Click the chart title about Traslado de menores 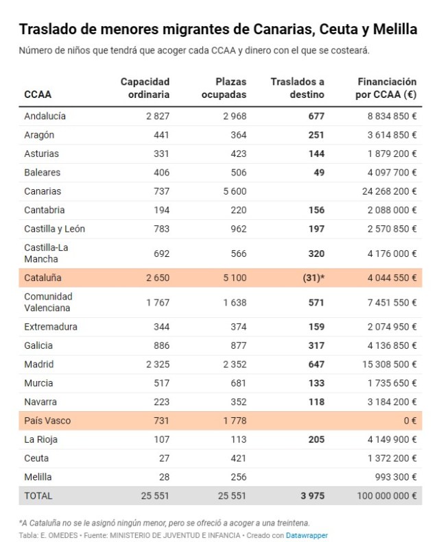tap(217, 29)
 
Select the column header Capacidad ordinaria tap(145, 88)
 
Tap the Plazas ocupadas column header tap(224, 88)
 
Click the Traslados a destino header tap(297, 88)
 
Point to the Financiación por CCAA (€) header tap(386, 88)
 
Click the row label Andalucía tap(45, 116)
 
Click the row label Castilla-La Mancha tap(46, 254)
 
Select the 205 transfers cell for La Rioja tap(316, 439)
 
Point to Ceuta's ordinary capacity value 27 tap(163, 458)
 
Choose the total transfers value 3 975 tap(311, 495)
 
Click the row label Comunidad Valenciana tap(48, 302)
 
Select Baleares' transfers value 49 tap(318, 172)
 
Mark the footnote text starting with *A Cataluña tap(164, 523)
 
